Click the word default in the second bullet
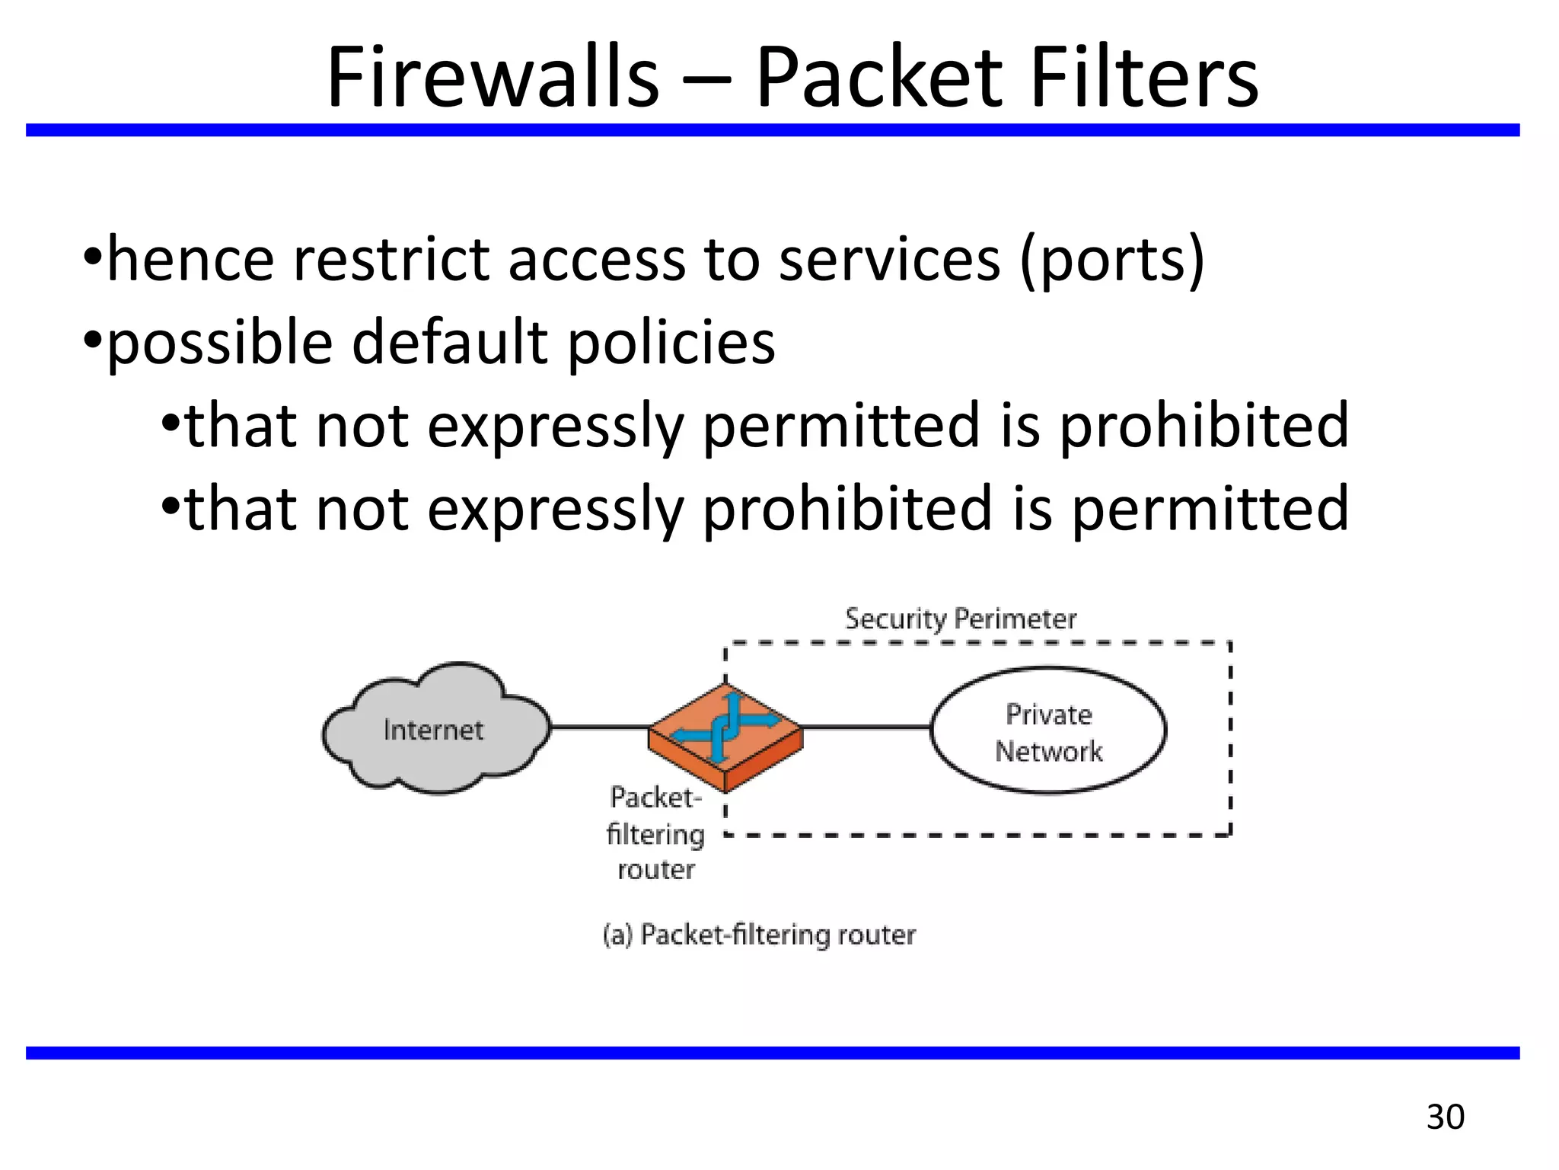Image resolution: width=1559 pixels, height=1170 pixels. coord(450,343)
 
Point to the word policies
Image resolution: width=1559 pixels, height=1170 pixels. coord(671,343)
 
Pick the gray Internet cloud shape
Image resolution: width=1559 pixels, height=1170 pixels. coord(435,729)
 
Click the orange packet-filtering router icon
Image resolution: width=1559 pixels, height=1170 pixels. coord(725,736)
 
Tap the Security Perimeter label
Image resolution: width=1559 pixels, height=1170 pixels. coord(961,619)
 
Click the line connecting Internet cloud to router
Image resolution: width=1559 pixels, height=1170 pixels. coord(600,727)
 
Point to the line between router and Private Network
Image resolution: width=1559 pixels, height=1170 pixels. coord(866,727)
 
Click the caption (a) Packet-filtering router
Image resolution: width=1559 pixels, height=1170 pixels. coord(759,935)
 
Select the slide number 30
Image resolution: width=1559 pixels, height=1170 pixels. coord(1445,1117)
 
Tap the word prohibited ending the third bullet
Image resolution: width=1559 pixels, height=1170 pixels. coord(1204,427)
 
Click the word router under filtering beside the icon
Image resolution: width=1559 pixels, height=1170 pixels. coord(655,870)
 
